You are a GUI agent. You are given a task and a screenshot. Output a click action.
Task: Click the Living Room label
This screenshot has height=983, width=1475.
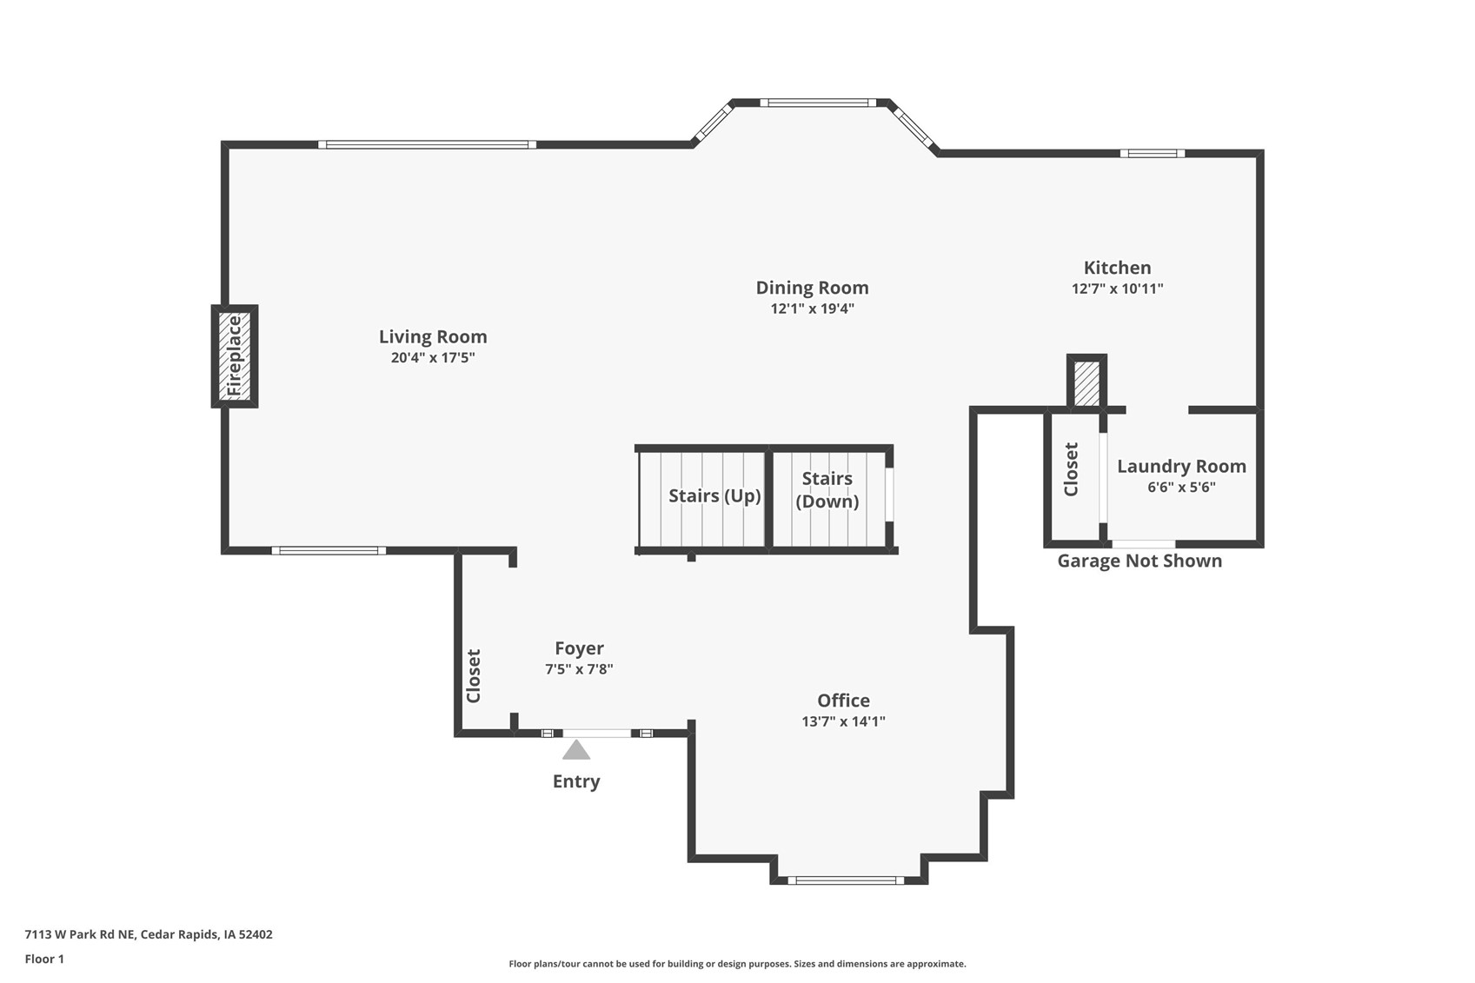(433, 336)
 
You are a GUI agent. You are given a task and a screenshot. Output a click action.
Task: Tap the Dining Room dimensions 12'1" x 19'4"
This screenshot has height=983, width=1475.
(812, 309)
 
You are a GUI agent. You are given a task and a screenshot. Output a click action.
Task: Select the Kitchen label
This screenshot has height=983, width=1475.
(1118, 268)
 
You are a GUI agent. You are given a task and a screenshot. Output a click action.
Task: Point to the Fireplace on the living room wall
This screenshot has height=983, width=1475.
(235, 356)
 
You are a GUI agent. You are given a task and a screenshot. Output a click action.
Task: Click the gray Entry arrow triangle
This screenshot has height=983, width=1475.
(576, 750)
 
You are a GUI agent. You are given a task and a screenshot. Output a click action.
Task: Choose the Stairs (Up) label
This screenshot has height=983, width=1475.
(714, 495)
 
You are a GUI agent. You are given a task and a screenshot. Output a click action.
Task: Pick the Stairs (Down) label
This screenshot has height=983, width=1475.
(827, 490)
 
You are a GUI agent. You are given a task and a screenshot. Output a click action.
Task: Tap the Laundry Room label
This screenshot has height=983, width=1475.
(1181, 466)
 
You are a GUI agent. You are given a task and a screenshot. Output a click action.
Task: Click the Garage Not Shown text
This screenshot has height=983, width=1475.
(1139, 561)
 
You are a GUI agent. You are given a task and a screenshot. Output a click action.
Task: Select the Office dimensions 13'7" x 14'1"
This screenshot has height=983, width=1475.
(843, 721)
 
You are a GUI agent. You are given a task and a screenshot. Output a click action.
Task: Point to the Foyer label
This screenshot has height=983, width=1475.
(579, 648)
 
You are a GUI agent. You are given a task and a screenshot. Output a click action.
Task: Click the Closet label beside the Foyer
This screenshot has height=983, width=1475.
(474, 676)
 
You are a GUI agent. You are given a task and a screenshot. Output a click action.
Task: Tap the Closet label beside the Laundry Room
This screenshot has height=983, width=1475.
(1072, 469)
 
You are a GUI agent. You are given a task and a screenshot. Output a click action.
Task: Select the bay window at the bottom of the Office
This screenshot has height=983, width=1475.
(846, 880)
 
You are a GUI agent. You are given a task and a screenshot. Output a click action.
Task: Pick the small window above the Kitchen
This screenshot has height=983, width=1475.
(1153, 154)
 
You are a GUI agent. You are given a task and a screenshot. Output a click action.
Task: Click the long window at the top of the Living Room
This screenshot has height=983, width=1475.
(428, 145)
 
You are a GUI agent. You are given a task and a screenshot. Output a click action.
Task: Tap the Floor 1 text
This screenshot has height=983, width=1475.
(45, 959)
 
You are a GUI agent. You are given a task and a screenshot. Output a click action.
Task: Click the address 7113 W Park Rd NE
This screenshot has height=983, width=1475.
(80, 934)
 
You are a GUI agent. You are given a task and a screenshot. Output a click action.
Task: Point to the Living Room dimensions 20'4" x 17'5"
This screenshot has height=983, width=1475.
(433, 357)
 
